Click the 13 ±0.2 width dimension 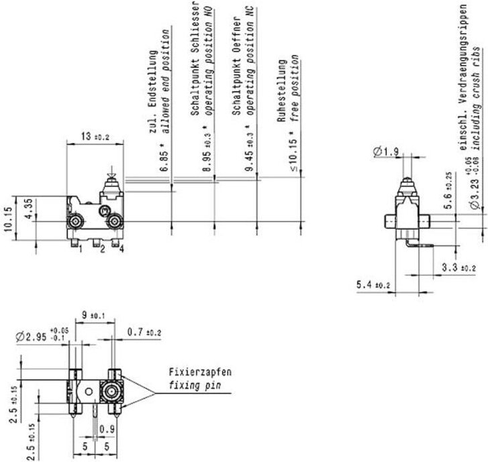tap(93, 136)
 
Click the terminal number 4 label tap(123, 250)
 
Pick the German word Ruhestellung tap(283, 89)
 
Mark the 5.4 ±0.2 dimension tap(374, 286)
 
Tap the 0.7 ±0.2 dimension tap(144, 332)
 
